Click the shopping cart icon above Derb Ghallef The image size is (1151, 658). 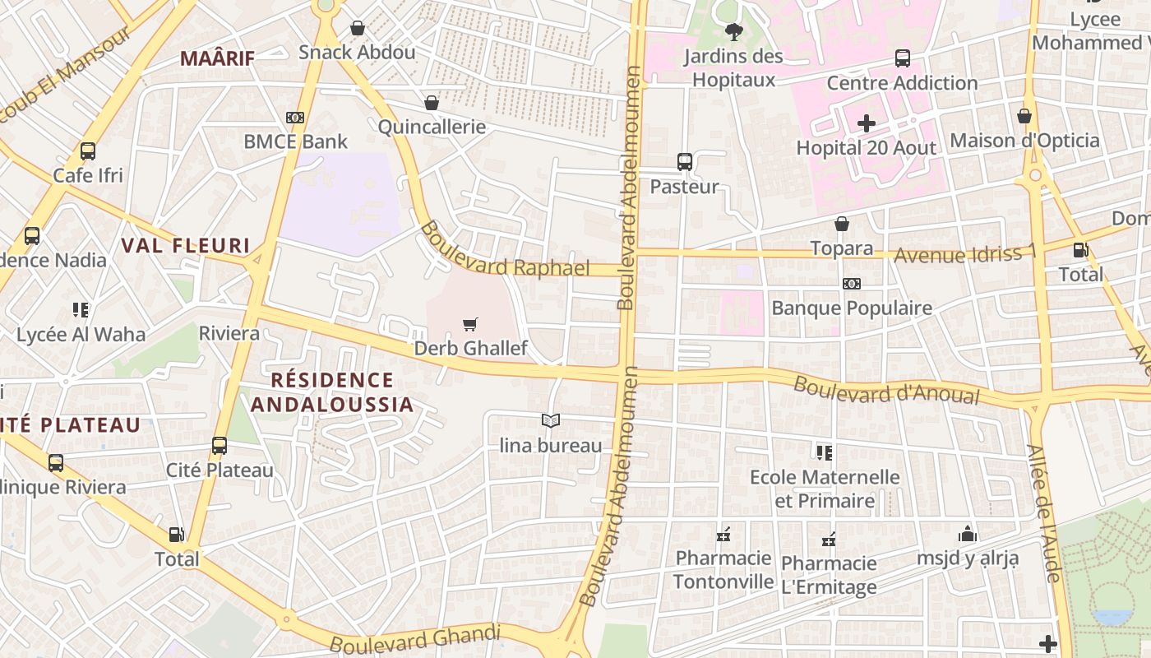469,325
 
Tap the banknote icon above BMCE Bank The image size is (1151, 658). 295,118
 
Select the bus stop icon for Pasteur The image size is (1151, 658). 684,162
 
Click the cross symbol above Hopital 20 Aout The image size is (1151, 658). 866,124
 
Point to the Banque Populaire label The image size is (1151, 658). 851,308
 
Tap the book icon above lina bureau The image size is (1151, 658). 551,421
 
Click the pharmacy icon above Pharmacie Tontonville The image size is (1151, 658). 723,535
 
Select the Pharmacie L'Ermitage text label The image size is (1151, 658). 829,575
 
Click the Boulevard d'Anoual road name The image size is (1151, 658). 886,390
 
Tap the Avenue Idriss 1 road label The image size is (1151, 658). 964,254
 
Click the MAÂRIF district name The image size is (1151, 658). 217,58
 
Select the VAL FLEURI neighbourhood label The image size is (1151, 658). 185,245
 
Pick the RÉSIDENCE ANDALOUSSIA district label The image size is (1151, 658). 332,392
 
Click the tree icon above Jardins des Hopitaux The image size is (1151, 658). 733,32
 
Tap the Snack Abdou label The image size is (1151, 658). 357,53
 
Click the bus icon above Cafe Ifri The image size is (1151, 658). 88,151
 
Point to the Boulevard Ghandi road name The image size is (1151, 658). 415,638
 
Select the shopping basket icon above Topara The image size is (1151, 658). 841,224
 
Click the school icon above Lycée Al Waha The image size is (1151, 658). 81,310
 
